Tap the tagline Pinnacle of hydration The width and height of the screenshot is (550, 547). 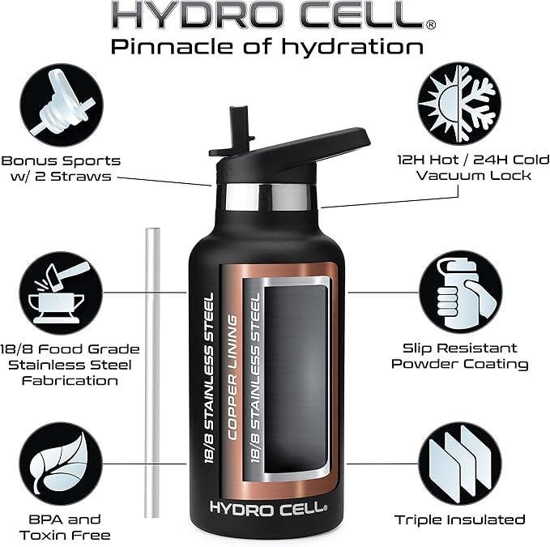click(x=267, y=45)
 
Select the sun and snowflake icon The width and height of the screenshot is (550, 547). click(x=458, y=103)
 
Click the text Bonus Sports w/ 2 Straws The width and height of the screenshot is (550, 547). click(x=62, y=169)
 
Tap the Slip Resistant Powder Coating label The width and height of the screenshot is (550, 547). click(x=459, y=356)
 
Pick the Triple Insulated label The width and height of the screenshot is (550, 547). click(x=459, y=519)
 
